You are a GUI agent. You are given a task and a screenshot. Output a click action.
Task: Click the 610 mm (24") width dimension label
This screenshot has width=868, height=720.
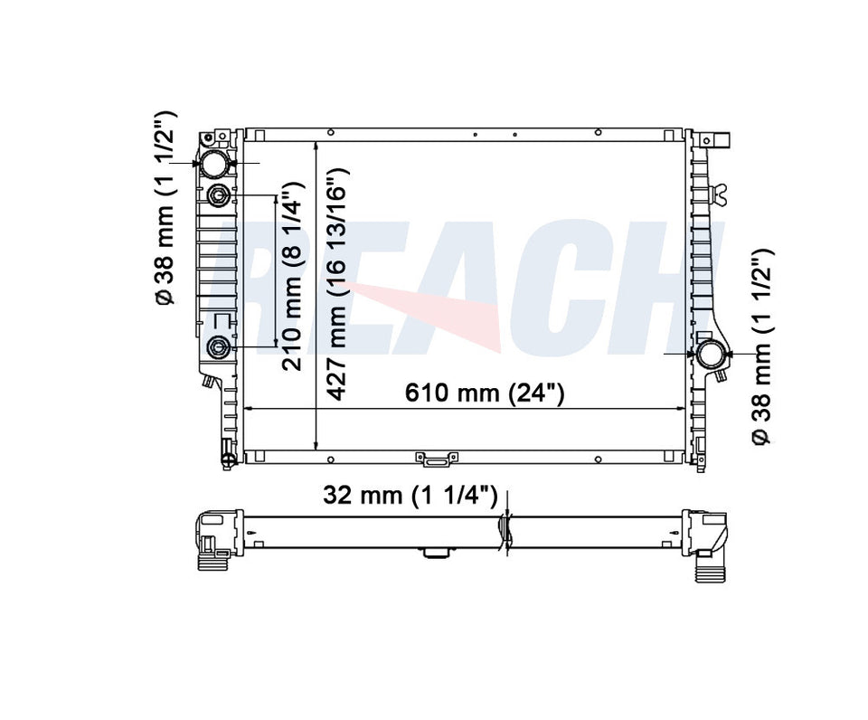pos(485,393)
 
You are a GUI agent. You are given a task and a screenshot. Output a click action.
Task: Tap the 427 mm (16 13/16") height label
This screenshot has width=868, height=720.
pos(336,284)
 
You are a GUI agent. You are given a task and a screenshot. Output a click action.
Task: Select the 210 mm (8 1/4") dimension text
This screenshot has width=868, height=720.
pos(292,275)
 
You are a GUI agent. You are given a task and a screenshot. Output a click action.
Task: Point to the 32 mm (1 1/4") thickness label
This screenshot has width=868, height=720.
pos(410,494)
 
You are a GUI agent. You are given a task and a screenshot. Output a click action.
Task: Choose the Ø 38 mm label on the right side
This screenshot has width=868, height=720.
pos(762,346)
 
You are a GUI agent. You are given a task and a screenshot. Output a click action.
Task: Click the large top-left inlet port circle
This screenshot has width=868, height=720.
pos(214,164)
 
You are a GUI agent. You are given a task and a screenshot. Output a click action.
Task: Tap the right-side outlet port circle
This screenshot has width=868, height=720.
pos(711,355)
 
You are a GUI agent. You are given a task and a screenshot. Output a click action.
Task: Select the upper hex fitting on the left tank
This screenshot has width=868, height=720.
pos(218,195)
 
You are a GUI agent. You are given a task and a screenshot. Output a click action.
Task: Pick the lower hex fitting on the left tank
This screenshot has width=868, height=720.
pos(218,347)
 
